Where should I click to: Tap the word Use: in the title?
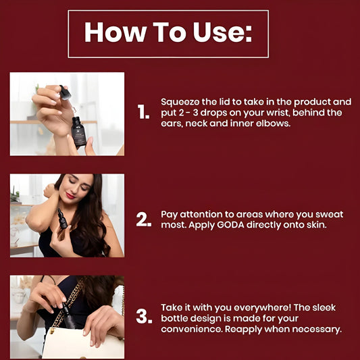point(222,32)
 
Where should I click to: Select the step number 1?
point(143,112)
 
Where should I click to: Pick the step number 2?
point(144,219)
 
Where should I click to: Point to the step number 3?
point(144,316)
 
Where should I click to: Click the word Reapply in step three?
point(243,330)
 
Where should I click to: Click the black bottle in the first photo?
point(78,132)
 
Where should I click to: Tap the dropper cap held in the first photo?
point(66,93)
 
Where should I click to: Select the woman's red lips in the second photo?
point(70,196)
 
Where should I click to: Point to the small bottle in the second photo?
point(62,219)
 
